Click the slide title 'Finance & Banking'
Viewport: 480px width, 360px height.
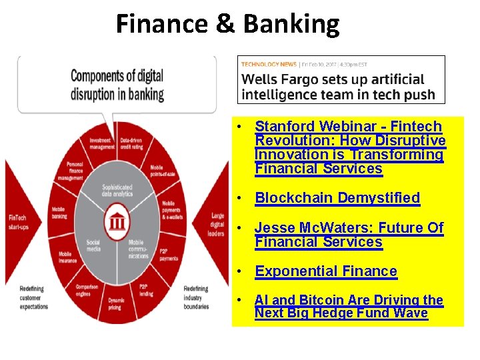(x=227, y=25)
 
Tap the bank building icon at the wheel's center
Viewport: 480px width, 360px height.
(x=117, y=221)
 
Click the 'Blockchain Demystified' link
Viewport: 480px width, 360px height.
(x=337, y=198)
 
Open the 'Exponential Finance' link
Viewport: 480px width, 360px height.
(x=326, y=271)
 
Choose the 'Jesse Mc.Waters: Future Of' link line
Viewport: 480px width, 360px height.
(x=349, y=228)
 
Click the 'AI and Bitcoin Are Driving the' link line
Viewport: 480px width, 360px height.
(x=349, y=301)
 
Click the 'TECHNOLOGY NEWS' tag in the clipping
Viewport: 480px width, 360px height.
(x=269, y=65)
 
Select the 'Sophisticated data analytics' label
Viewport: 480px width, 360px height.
(x=117, y=191)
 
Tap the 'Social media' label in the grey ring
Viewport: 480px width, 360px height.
(x=93, y=246)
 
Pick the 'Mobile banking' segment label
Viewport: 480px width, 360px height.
(x=59, y=213)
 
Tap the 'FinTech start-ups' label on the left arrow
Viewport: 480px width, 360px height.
(x=19, y=221)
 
